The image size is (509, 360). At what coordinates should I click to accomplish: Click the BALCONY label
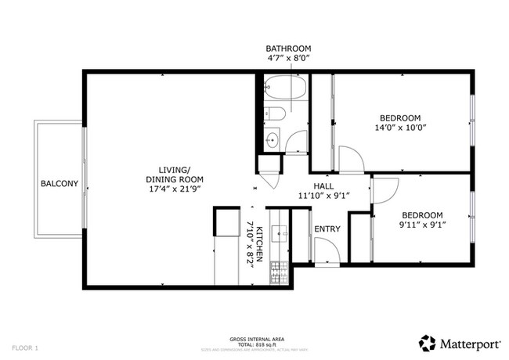coord(60,184)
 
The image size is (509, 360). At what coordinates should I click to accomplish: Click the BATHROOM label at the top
coord(289,47)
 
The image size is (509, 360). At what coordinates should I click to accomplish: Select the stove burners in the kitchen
coord(279,272)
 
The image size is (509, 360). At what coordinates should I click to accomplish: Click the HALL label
coord(323,185)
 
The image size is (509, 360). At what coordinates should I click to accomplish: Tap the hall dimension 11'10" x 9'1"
coord(323,196)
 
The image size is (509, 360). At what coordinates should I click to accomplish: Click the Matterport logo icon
coord(428,341)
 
